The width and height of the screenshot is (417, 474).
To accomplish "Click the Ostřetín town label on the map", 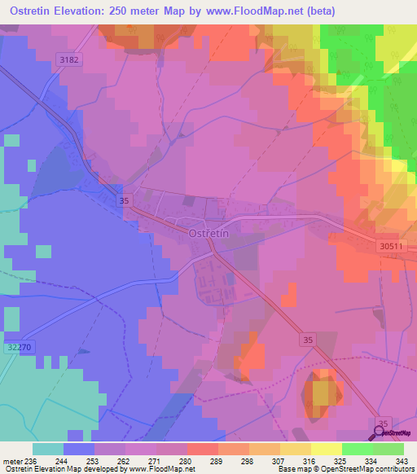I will point(208,233).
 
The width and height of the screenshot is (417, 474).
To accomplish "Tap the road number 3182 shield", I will point(70,59).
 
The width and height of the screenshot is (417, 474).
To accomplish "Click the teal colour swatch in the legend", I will point(47,449).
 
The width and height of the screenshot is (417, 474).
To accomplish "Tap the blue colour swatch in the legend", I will point(78,449).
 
